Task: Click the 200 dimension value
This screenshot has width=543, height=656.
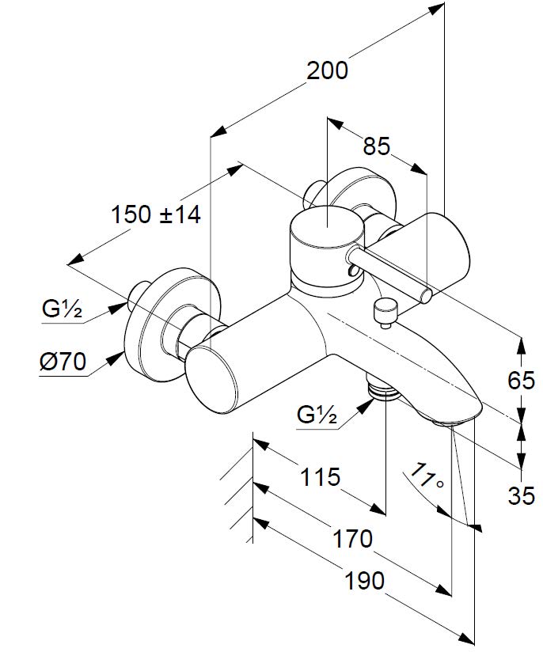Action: click(327, 70)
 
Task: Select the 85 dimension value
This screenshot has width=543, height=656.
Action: click(377, 146)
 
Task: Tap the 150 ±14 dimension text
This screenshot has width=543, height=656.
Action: click(156, 214)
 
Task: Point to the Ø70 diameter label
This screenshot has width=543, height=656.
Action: click(61, 362)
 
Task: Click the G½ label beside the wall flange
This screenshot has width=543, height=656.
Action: click(62, 309)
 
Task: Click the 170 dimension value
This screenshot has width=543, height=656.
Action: click(352, 539)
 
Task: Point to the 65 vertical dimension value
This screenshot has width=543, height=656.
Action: click(521, 381)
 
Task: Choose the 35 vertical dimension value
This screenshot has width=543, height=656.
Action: click(521, 495)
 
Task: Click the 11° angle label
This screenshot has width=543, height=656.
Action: click(425, 478)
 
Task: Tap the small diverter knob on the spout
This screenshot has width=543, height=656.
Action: click(385, 312)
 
